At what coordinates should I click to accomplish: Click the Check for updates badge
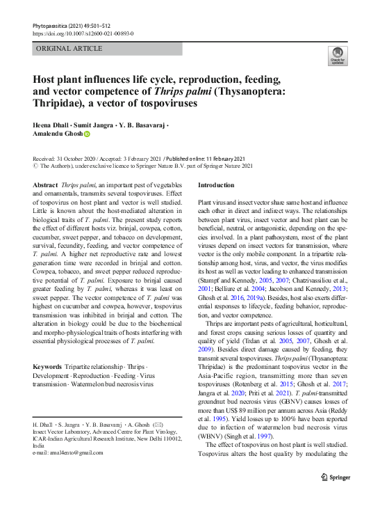337,56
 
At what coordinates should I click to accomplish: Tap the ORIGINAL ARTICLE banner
69,49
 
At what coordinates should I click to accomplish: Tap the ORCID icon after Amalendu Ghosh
87,134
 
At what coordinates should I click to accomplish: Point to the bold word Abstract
45,185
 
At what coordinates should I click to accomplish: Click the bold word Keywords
47,366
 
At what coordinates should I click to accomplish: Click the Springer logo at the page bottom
336,478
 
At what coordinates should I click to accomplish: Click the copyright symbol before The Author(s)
36,166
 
